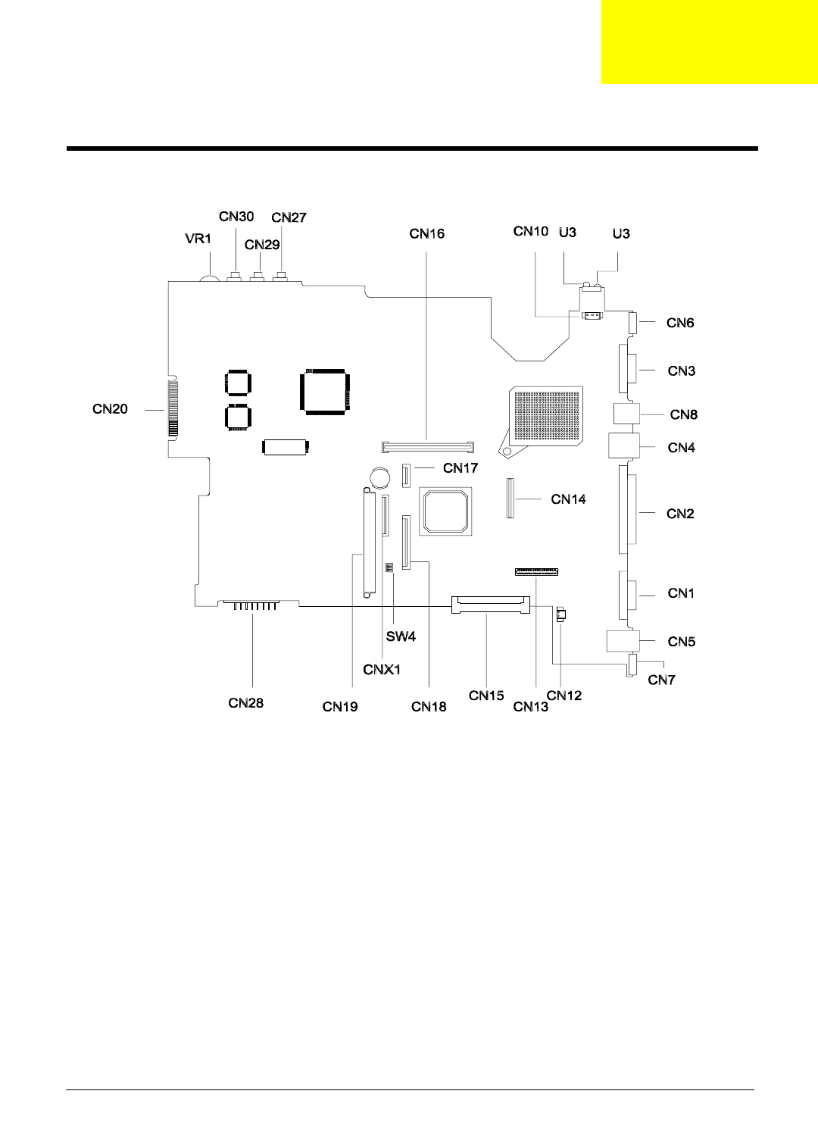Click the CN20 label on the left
click(110, 409)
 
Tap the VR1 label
click(198, 239)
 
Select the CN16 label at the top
click(427, 233)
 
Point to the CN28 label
click(246, 703)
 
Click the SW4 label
click(401, 636)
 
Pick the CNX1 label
click(382, 670)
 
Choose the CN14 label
click(568, 499)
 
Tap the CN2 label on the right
click(680, 514)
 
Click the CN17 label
click(461, 468)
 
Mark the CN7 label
click(661, 680)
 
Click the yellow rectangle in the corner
click(709, 42)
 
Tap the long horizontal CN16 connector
click(427, 446)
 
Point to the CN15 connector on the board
click(489, 605)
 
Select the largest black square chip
click(325, 391)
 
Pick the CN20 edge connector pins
click(173, 409)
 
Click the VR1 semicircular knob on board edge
click(210, 278)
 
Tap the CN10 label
click(530, 231)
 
